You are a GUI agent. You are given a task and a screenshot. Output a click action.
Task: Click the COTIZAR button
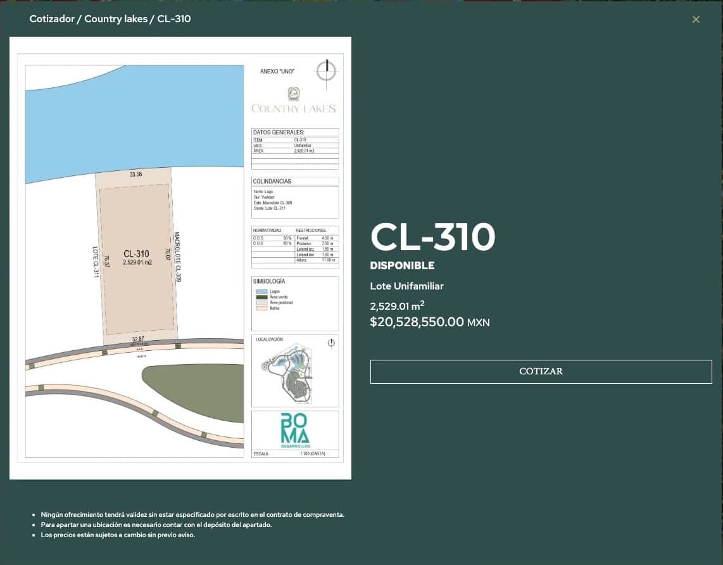click(541, 371)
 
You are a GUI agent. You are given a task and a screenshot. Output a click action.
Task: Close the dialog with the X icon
click(696, 20)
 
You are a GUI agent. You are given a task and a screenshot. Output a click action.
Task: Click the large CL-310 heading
click(432, 237)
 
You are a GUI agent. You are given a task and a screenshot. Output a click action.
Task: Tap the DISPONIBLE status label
click(402, 265)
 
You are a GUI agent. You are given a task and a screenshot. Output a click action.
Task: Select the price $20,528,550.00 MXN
click(429, 322)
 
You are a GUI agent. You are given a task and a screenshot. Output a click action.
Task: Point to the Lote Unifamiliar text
click(406, 286)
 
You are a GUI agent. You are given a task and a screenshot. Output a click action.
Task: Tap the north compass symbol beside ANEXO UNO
click(327, 70)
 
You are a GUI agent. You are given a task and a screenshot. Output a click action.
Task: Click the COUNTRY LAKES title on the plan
click(294, 108)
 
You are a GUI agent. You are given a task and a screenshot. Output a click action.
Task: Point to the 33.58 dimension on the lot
click(135, 174)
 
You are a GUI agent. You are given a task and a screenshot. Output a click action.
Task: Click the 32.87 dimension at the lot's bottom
click(137, 339)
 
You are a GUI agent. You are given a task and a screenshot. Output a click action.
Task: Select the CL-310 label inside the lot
click(136, 254)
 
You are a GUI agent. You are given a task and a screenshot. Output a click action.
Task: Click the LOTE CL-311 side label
click(96, 261)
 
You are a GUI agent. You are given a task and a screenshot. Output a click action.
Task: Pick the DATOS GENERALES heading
click(279, 132)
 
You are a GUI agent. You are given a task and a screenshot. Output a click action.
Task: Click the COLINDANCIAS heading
click(272, 181)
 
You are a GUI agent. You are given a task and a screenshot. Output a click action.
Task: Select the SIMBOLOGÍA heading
click(268, 281)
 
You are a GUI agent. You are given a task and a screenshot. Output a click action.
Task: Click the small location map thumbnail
click(294, 372)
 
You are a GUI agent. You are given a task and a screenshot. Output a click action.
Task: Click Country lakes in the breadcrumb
click(116, 19)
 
